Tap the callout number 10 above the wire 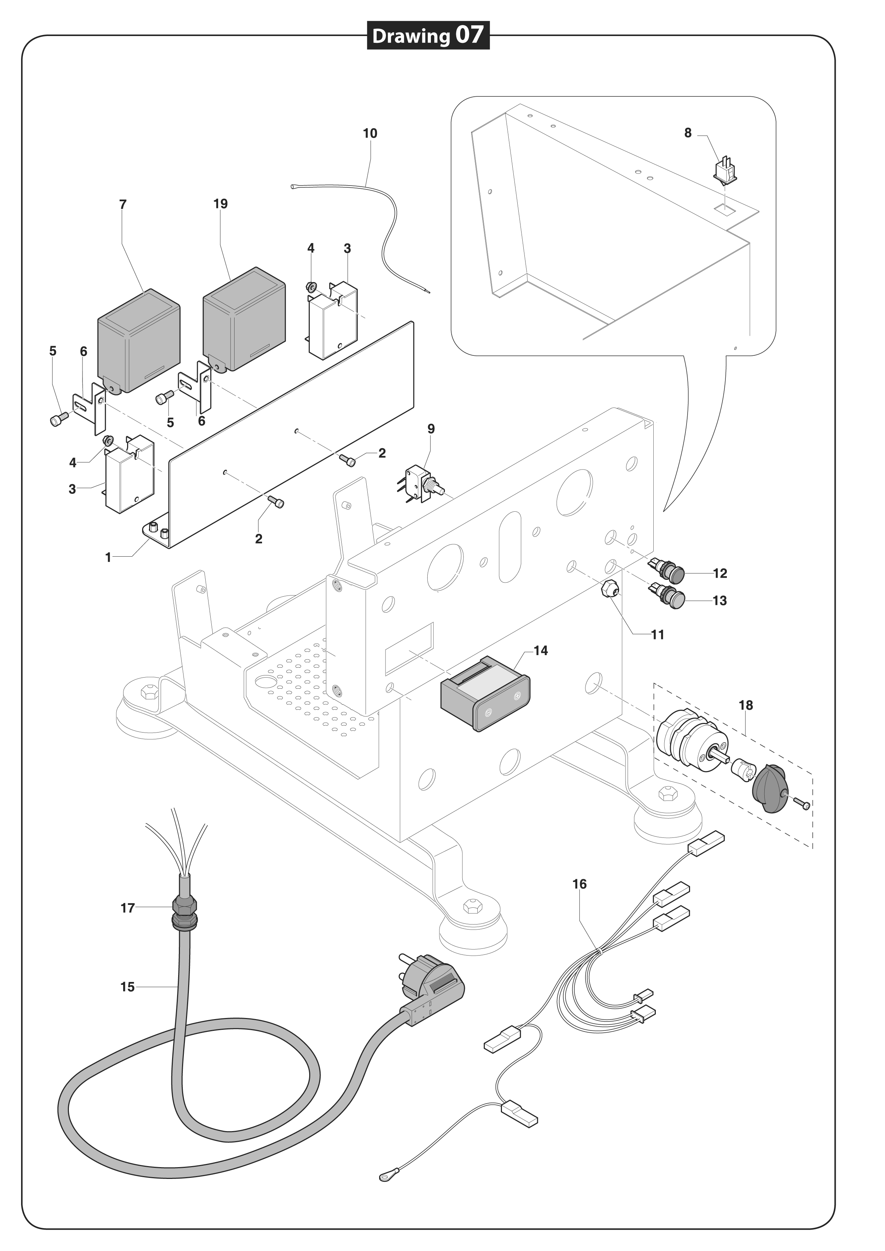[x=370, y=133]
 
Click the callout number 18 [x=745, y=705]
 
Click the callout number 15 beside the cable [x=127, y=987]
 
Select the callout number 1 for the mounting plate [x=108, y=557]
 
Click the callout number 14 [x=540, y=650]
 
